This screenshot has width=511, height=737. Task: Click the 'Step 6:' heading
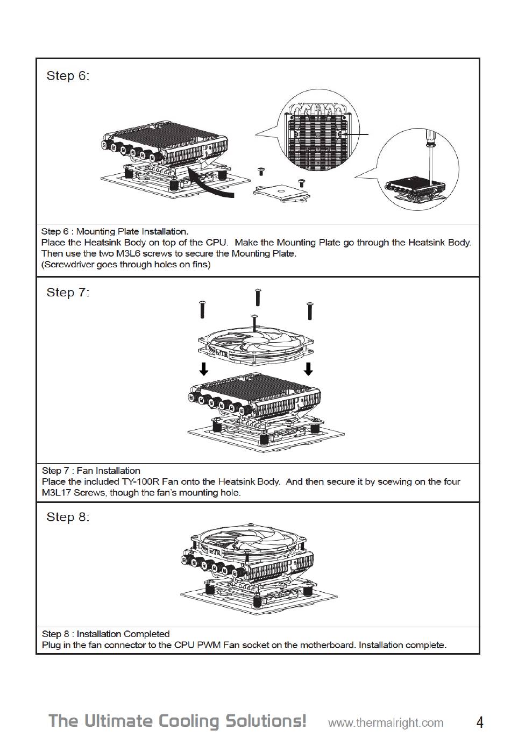tap(68, 76)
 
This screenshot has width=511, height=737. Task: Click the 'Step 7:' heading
tap(68, 293)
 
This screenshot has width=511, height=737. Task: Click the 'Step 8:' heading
tap(68, 517)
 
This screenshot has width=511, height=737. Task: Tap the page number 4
tap(479, 721)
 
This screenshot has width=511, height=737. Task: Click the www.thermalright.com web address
tap(386, 722)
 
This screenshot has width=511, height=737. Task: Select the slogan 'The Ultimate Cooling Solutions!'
tap(178, 721)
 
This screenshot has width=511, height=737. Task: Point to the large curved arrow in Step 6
tap(212, 183)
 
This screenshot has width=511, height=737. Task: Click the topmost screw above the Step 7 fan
tap(258, 296)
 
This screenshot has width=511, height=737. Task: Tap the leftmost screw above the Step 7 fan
tap(202, 309)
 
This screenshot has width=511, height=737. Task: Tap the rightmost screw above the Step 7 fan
tap(310, 311)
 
